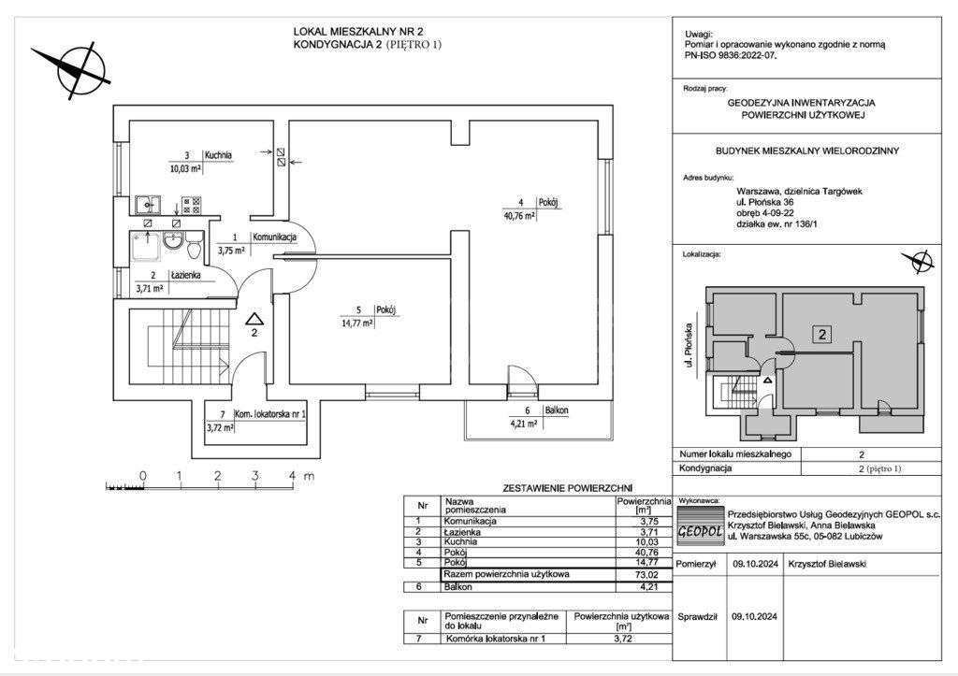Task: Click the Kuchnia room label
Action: click(x=219, y=155)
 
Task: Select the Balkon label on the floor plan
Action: click(x=557, y=410)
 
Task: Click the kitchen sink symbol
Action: click(x=148, y=205)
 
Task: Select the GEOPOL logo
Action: click(x=701, y=525)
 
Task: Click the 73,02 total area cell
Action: click(x=646, y=575)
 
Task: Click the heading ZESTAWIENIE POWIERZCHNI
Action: click(x=567, y=488)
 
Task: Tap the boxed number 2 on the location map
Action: click(x=823, y=334)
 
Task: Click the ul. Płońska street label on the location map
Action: click(x=689, y=345)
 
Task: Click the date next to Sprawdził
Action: click(x=755, y=617)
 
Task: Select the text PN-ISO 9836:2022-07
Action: click(x=732, y=54)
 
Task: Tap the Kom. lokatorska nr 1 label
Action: click(x=271, y=414)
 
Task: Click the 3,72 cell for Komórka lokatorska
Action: click(x=621, y=639)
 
